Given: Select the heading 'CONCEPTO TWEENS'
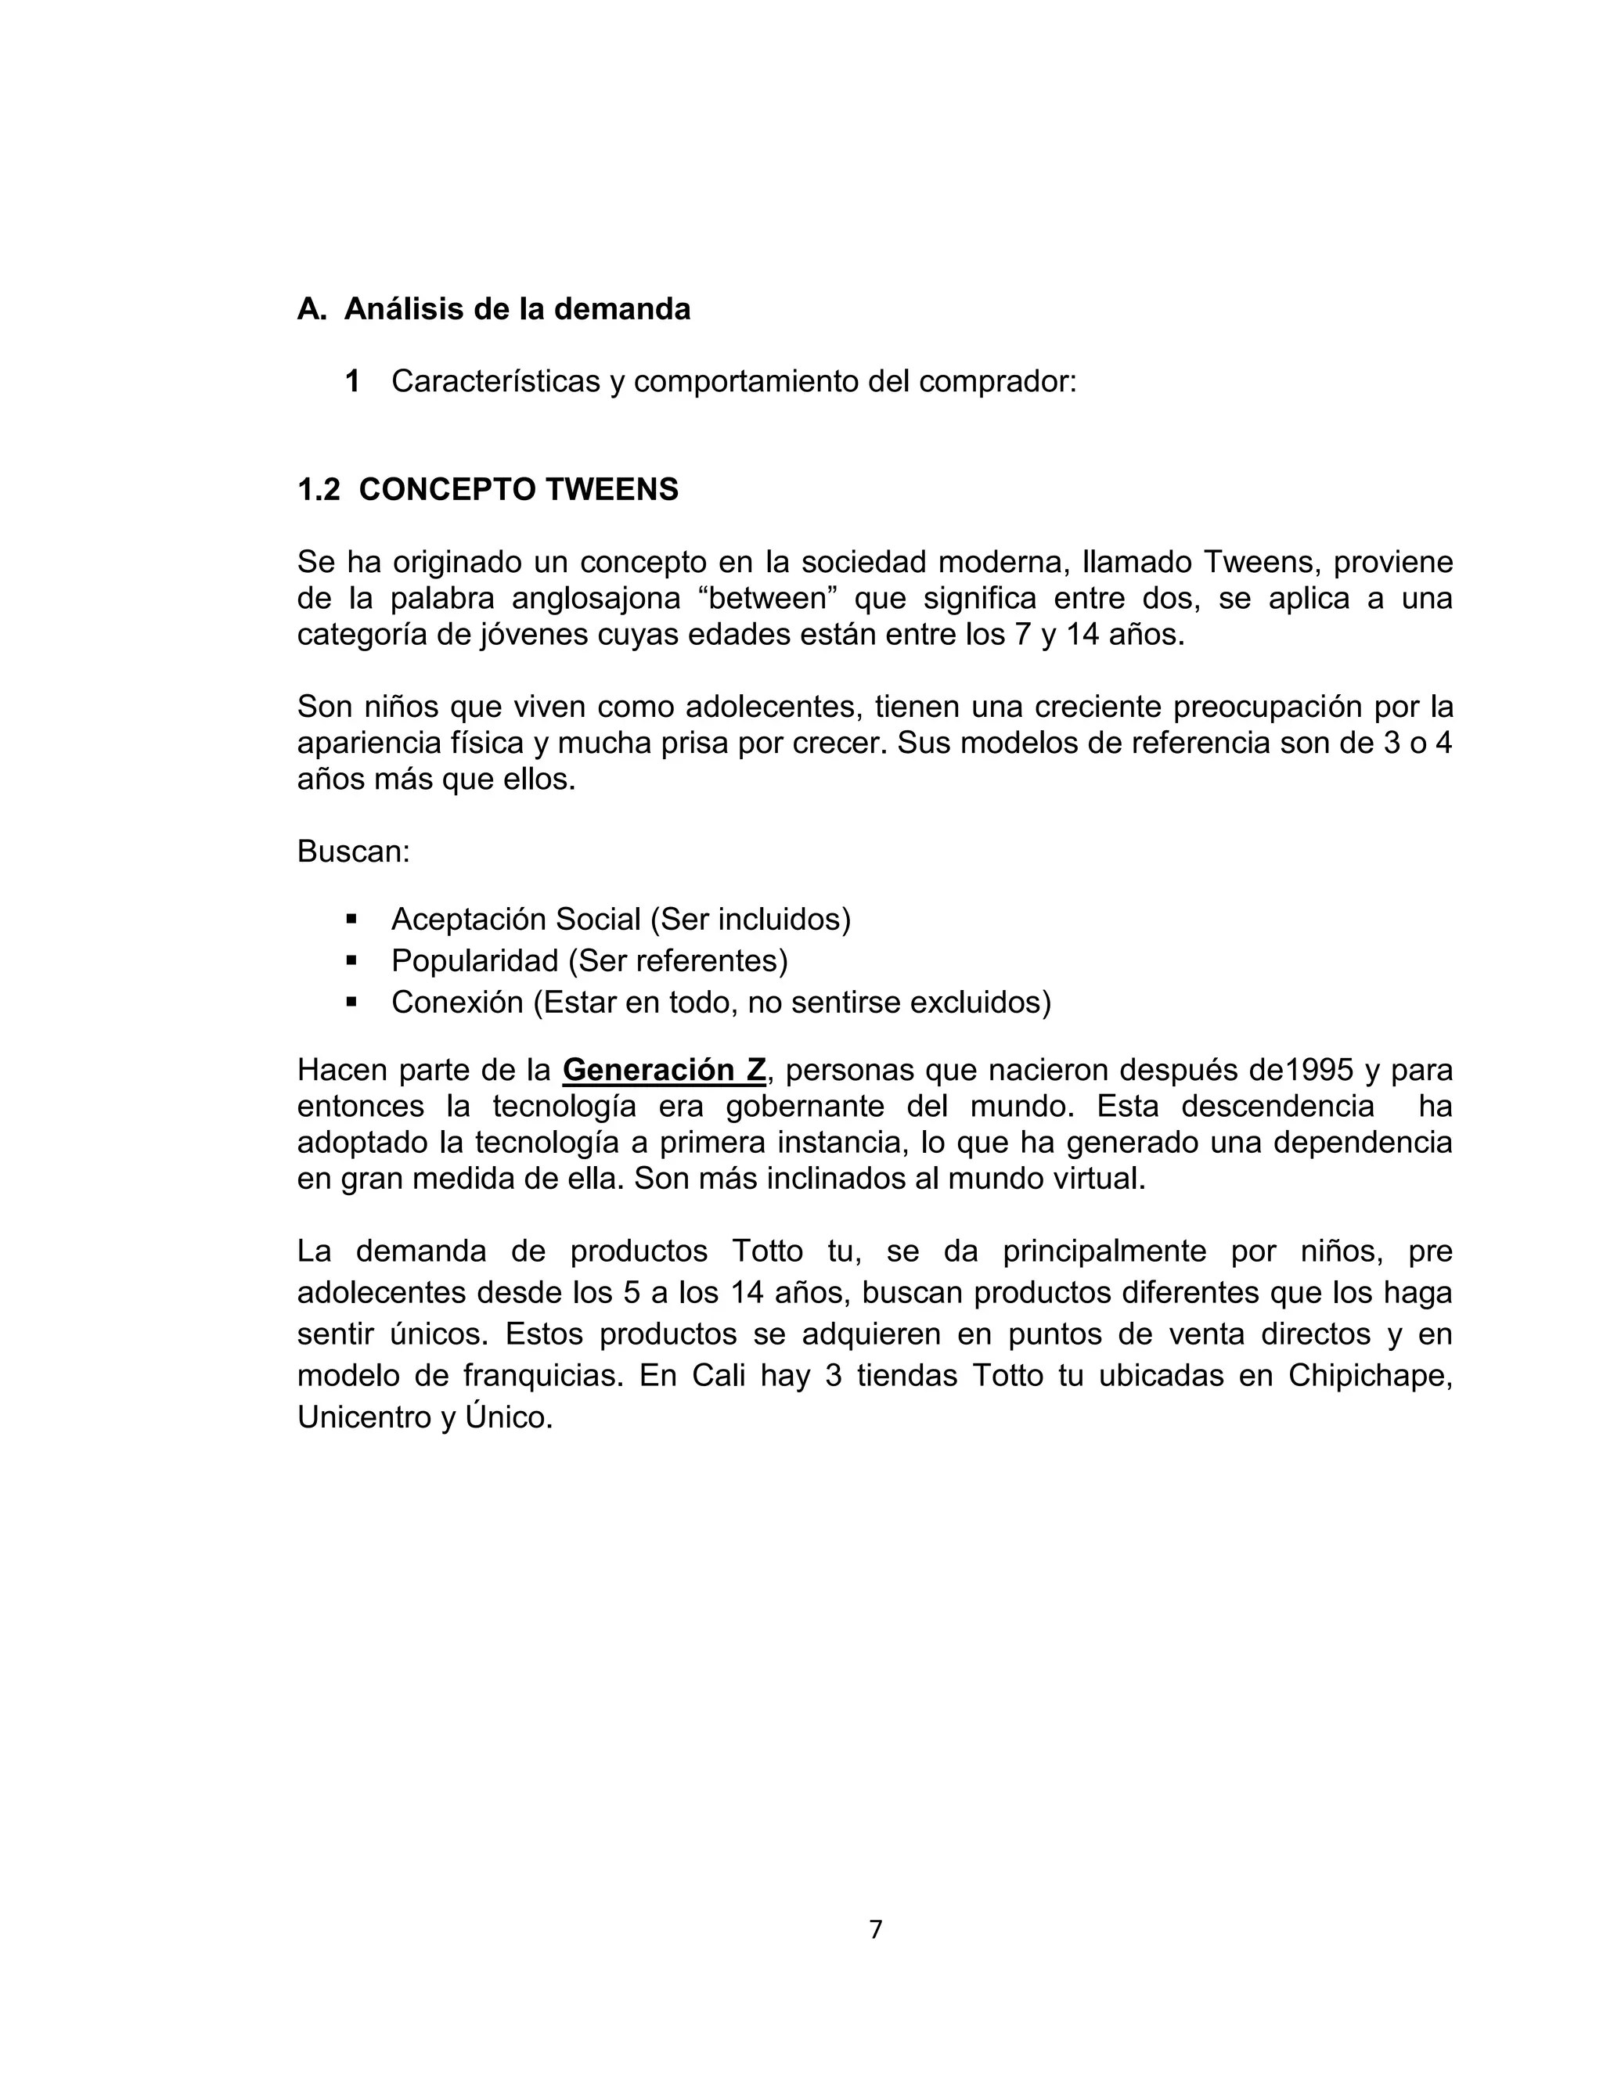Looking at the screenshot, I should (518, 489).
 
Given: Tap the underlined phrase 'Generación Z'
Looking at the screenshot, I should (664, 1070).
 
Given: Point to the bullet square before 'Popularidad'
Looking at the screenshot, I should (351, 961).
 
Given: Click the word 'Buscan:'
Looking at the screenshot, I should (353, 852).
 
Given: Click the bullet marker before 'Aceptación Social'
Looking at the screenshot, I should (351, 920).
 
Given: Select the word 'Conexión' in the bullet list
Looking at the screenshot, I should (457, 1003).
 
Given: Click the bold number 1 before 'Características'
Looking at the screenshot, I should (352, 382).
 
